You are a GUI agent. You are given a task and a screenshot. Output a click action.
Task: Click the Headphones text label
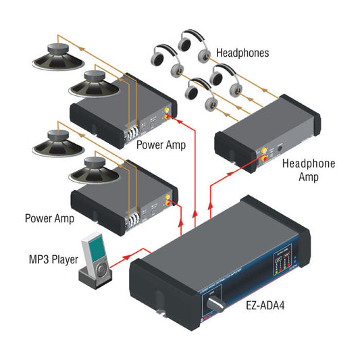pyautogui.click(x=243, y=53)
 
